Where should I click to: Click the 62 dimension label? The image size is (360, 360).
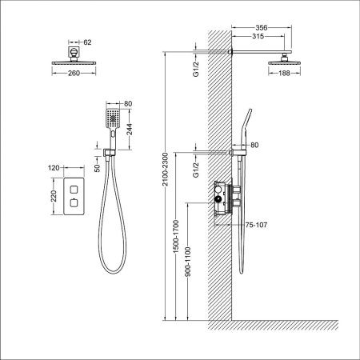(x=88, y=41)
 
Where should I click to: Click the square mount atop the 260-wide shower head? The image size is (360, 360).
(x=74, y=54)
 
